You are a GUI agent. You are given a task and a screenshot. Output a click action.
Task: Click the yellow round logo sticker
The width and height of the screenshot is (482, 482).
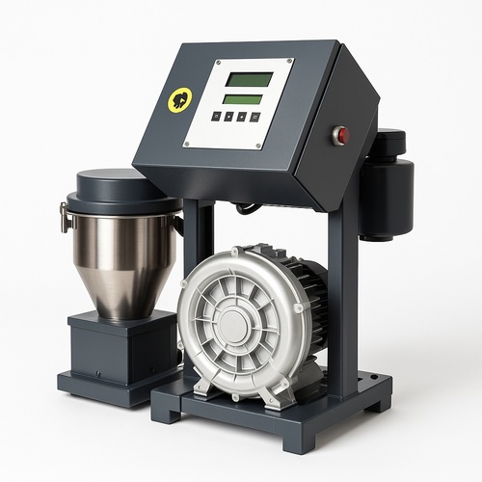tap(180, 99)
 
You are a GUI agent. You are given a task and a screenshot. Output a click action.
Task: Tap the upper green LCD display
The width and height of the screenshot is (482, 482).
tap(247, 79)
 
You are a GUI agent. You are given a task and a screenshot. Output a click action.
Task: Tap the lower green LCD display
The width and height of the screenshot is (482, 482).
tap(243, 98)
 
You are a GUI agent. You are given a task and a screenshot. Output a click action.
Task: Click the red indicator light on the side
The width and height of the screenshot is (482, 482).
tap(339, 135)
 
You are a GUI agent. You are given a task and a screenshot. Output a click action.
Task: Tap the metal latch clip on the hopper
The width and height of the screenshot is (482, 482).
tap(65, 216)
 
